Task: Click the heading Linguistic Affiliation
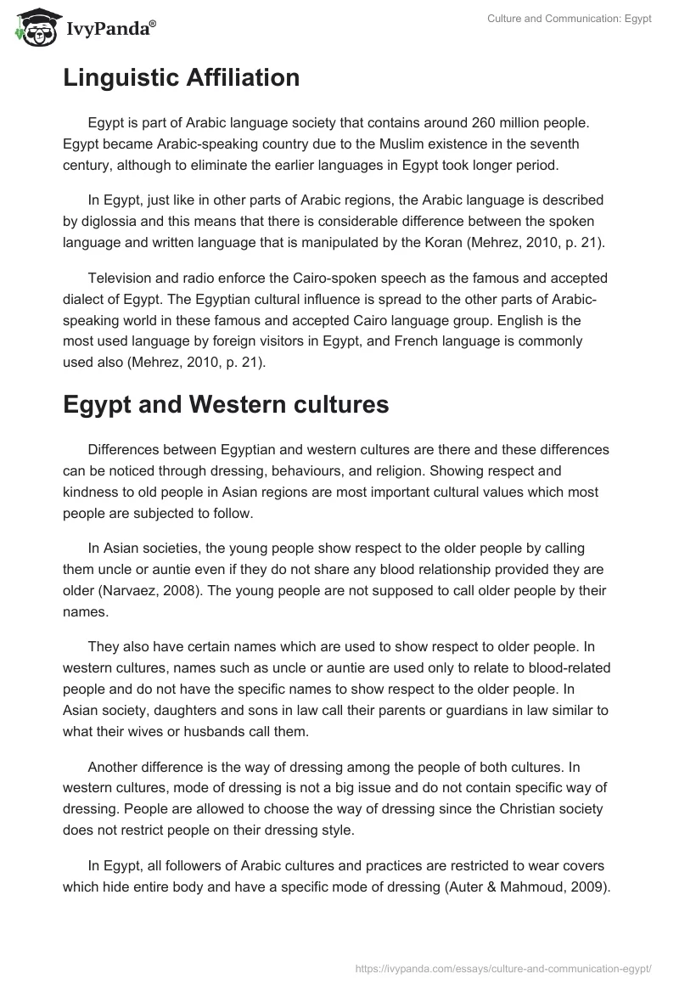click(181, 78)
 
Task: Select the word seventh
click(557, 144)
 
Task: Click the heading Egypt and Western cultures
click(226, 405)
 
